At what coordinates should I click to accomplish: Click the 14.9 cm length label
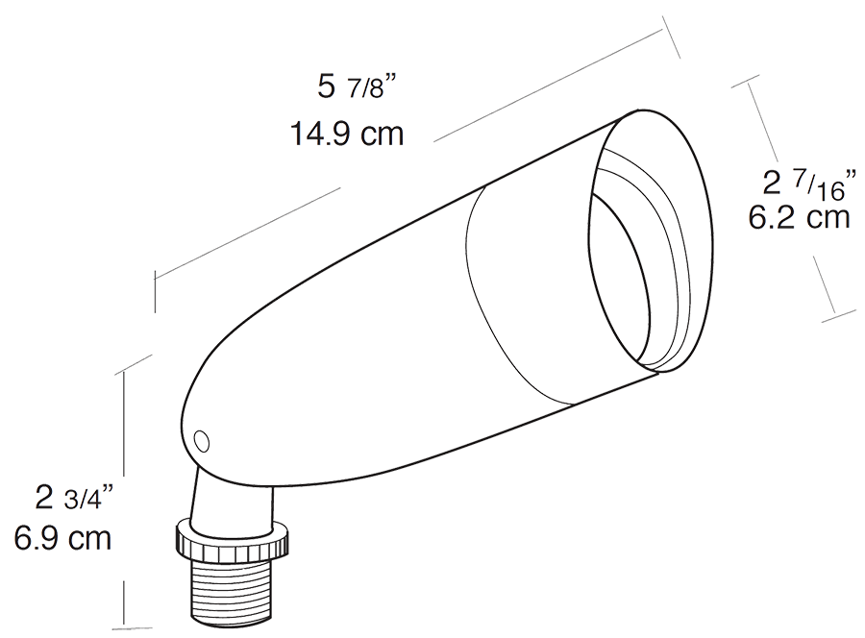(347, 134)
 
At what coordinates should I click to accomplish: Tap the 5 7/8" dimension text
(358, 87)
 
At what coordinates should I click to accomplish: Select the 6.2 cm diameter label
(799, 217)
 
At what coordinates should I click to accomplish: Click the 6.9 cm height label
(62, 538)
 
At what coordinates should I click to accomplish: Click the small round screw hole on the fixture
(202, 442)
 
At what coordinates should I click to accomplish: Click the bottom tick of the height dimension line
(132, 628)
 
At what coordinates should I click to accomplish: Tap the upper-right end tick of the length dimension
(672, 37)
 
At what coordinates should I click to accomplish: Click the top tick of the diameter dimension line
(749, 82)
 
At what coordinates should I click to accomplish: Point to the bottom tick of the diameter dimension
(839, 318)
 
